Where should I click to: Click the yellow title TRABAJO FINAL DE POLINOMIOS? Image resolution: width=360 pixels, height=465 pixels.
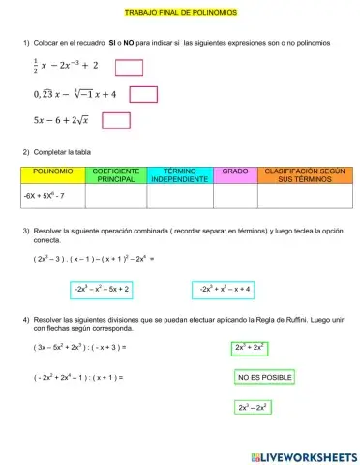181,13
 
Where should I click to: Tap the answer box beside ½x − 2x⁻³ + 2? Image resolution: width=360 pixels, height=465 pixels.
129,68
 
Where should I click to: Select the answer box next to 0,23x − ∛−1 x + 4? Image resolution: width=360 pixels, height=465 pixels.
143,94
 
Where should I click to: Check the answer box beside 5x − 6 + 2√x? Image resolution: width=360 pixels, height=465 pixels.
116,120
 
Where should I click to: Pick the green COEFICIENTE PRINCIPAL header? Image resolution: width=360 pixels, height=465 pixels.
116,175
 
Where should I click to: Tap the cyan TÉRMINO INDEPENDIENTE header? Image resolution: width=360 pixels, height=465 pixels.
180,175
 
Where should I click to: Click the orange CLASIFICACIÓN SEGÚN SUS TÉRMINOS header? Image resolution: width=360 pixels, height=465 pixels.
305,175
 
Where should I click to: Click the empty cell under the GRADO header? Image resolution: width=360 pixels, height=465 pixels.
235,197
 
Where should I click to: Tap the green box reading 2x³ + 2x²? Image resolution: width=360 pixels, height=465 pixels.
250,347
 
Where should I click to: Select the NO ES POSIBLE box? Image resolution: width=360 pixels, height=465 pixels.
263,377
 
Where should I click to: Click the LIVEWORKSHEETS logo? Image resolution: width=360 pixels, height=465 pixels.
303,456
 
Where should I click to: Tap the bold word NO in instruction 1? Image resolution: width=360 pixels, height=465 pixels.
129,43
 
